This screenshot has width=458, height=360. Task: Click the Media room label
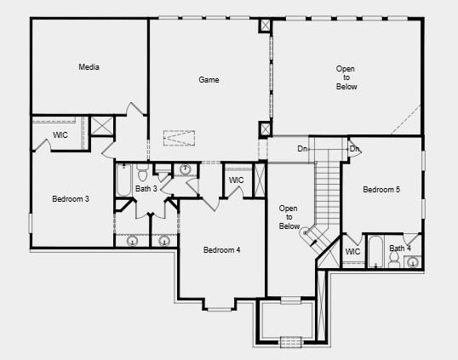click(89, 67)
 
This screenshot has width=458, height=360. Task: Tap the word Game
click(209, 80)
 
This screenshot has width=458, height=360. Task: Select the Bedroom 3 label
click(71, 199)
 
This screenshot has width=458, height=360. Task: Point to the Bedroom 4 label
click(221, 250)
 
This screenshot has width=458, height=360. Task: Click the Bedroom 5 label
click(381, 190)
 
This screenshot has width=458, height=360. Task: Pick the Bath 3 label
click(146, 189)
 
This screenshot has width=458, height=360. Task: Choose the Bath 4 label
click(400, 249)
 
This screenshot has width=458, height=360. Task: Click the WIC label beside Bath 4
click(352, 251)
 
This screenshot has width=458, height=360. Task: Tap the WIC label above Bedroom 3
click(60, 134)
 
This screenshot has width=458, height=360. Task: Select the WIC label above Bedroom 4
click(236, 180)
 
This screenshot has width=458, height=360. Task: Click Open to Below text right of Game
click(346, 77)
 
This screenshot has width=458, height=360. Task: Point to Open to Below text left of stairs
click(289, 217)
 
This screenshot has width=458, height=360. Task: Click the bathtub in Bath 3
click(123, 180)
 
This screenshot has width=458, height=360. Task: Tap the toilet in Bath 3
click(143, 173)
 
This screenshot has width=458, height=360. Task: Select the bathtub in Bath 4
click(375, 252)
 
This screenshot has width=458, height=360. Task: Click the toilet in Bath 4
click(394, 260)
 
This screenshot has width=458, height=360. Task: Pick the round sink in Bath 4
click(412, 261)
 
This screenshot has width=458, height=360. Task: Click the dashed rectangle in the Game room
click(179, 138)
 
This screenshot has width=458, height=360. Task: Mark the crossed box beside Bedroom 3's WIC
click(102, 126)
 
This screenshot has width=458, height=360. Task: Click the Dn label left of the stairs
click(302, 149)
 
